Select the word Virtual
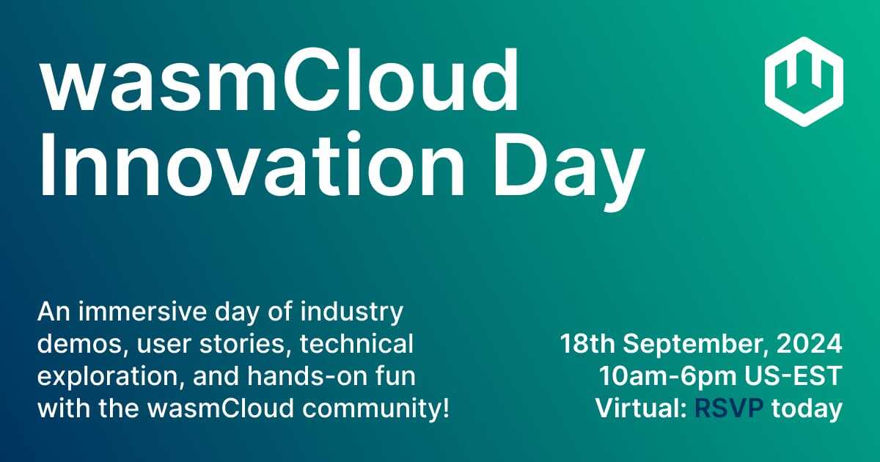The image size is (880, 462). click(x=632, y=408)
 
